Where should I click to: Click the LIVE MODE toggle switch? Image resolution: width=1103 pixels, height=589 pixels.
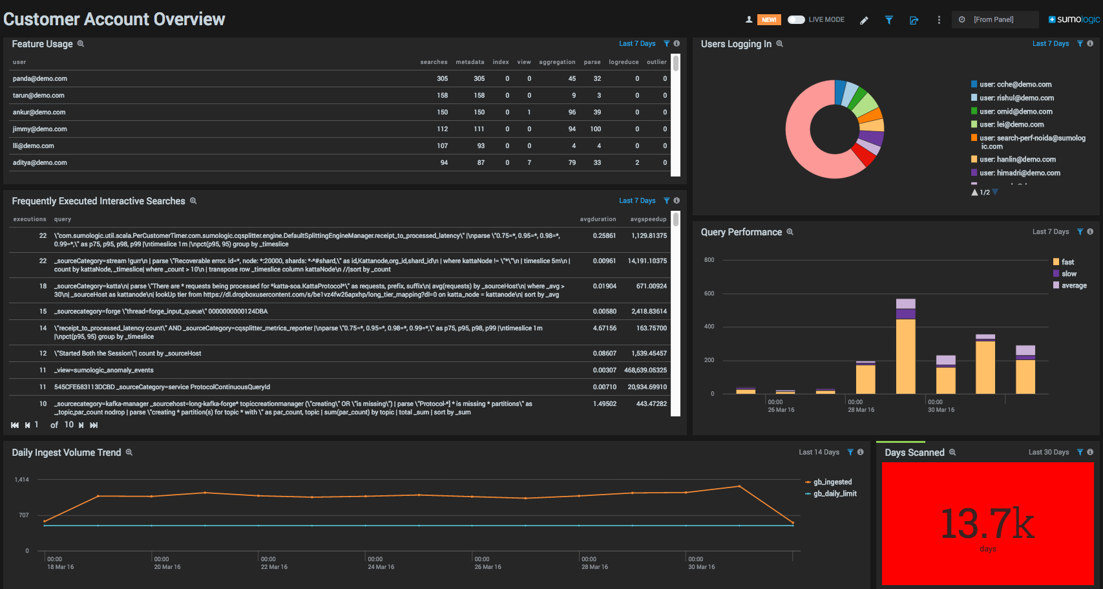pyautogui.click(x=796, y=19)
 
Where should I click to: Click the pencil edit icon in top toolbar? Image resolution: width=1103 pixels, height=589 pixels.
pyautogui.click(x=864, y=20)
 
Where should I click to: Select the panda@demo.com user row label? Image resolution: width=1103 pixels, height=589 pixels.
pyautogui.click(x=40, y=79)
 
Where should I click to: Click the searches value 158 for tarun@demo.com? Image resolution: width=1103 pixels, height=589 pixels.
pyautogui.click(x=442, y=96)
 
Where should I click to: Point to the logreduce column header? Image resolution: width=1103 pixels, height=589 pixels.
pyautogui.click(x=624, y=62)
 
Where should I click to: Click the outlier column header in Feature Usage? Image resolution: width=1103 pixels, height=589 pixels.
pyautogui.click(x=657, y=62)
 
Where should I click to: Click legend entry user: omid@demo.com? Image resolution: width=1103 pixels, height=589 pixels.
pyautogui.click(x=1015, y=111)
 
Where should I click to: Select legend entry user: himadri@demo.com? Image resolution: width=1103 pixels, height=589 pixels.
pyautogui.click(x=1019, y=173)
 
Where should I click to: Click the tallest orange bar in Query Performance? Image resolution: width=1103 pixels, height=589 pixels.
pyautogui.click(x=905, y=356)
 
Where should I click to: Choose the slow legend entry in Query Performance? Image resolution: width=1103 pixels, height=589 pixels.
pyautogui.click(x=1068, y=274)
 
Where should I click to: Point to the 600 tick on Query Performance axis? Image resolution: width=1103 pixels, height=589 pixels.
pyautogui.click(x=709, y=294)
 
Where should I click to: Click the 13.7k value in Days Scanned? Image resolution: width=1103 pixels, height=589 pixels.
pyautogui.click(x=987, y=524)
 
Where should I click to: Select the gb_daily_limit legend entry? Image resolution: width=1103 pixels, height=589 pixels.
pyautogui.click(x=834, y=494)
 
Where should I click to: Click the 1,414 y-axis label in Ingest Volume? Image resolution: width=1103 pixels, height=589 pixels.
pyautogui.click(x=21, y=480)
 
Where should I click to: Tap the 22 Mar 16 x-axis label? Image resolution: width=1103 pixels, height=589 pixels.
pyautogui.click(x=274, y=567)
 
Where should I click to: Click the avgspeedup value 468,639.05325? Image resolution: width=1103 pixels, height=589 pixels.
pyautogui.click(x=645, y=370)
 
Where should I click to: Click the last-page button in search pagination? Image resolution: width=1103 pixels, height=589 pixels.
pyautogui.click(x=94, y=425)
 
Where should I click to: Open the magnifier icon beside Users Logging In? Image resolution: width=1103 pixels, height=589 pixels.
pyautogui.click(x=779, y=44)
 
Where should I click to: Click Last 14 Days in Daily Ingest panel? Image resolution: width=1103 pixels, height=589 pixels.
pyautogui.click(x=819, y=453)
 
